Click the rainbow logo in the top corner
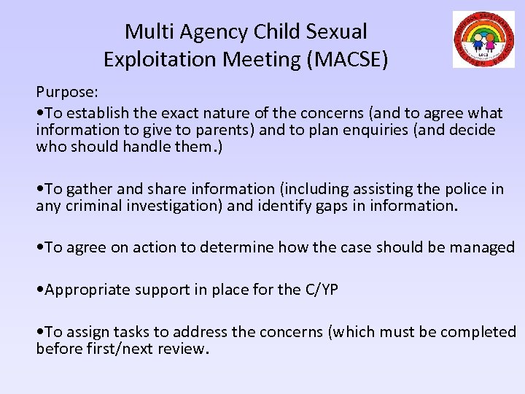coord(483,39)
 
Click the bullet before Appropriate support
coord(40,290)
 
